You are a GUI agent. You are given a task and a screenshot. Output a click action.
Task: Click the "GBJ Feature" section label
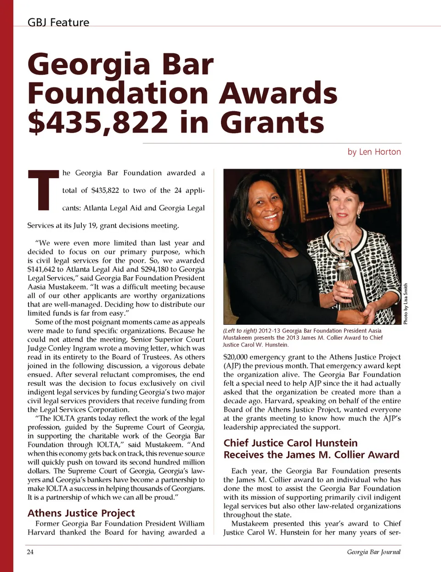[x=58, y=22]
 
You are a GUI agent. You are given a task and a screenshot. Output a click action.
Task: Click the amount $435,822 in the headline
[x=98, y=122]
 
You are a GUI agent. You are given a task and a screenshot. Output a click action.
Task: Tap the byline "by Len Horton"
[x=374, y=152]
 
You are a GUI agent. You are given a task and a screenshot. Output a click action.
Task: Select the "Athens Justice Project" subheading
[x=81, y=513]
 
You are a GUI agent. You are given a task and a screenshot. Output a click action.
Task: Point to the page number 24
[x=30, y=552]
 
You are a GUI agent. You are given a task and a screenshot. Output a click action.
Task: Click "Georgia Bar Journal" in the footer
[x=373, y=552]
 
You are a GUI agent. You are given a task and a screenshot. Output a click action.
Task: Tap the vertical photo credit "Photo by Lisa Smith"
[x=406, y=304]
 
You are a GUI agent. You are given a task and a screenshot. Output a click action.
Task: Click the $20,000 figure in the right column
[x=237, y=357]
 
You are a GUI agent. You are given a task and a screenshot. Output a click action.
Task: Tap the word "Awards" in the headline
[x=278, y=93]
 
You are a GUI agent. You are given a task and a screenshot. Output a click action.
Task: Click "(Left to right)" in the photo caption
[x=239, y=330]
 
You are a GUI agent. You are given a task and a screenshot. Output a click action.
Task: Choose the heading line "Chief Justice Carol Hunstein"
[x=290, y=443]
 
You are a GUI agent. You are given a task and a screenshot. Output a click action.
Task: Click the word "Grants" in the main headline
[x=272, y=122]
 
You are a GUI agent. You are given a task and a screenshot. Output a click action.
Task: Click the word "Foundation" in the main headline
[x=118, y=93]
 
